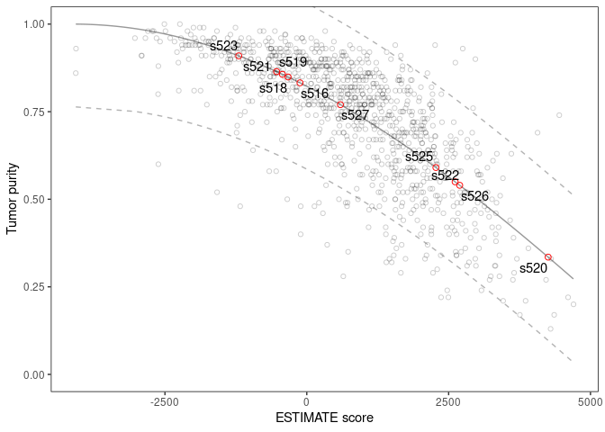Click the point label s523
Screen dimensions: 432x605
pos(223,46)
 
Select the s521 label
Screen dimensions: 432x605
pos(257,67)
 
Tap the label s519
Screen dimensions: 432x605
pos(293,62)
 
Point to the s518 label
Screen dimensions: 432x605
pos(273,88)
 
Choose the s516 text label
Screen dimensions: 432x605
pos(314,94)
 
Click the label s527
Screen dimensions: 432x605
pos(355,115)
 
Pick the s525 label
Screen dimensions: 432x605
pos(419,157)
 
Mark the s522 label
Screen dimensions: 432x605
pos(445,175)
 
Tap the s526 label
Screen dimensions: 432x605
pos(474,196)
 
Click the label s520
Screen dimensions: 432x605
pos(533,268)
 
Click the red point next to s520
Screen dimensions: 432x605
pos(548,257)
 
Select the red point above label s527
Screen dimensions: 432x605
pos(340,105)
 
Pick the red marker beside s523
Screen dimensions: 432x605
pos(239,56)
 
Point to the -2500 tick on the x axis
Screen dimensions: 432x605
pos(163,400)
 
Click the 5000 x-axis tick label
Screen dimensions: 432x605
pos(590,400)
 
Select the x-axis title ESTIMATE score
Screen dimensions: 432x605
pos(324,418)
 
